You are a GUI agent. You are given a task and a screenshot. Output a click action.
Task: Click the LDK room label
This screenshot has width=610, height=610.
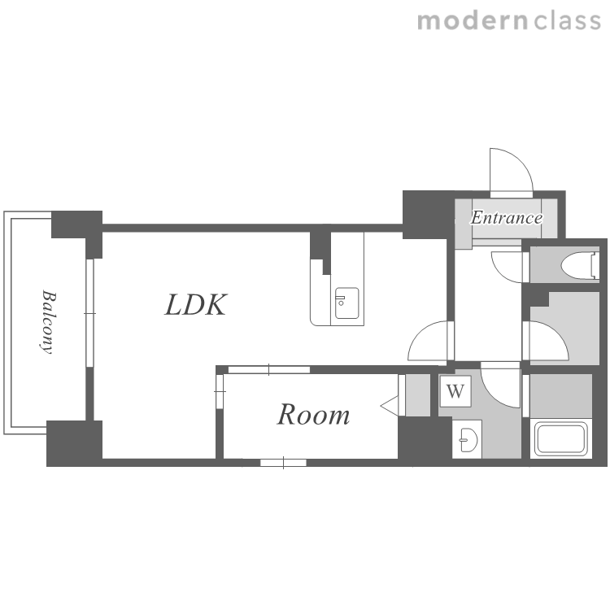[x=196, y=305]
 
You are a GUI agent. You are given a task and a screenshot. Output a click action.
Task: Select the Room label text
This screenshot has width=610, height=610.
[x=313, y=415]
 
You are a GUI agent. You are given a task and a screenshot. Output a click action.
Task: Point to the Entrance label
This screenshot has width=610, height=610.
[x=507, y=217]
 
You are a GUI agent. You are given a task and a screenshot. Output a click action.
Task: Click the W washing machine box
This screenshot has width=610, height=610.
[x=455, y=391]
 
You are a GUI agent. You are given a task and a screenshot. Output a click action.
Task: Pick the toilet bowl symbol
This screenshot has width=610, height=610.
[x=580, y=265]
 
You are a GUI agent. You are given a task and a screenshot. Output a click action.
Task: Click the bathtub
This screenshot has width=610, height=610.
[x=560, y=439]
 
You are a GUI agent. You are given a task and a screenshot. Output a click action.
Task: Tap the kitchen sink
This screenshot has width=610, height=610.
[x=347, y=303]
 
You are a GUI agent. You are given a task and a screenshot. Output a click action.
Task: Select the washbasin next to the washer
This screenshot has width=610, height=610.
[x=468, y=439]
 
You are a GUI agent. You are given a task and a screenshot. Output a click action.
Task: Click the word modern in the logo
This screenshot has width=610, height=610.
[x=473, y=21]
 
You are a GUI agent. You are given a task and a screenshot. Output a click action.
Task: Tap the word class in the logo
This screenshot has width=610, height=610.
[x=567, y=21]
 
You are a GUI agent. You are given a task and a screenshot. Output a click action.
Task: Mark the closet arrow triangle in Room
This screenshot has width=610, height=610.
[x=389, y=406]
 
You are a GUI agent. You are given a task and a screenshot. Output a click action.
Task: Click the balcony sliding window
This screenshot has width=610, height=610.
[x=89, y=313]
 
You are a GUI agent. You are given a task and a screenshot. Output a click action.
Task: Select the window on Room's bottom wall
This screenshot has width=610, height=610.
[x=283, y=463]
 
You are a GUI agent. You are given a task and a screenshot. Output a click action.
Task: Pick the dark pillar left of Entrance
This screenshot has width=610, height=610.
[x=428, y=215]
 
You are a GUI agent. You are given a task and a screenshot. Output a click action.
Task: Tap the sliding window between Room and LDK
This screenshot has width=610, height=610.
[x=269, y=369]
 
